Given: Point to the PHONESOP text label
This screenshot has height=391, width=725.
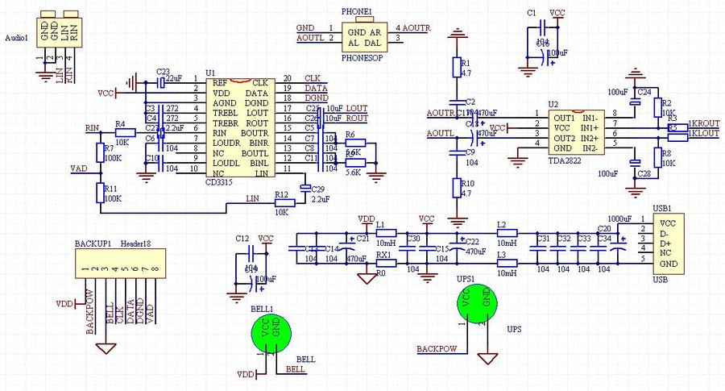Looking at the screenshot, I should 362,59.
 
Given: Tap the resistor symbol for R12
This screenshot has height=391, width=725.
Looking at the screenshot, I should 284,202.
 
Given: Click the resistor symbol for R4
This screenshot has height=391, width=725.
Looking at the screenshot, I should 125,131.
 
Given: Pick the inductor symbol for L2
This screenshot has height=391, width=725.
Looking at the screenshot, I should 506,233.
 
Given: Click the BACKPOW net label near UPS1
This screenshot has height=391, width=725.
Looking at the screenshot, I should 437,350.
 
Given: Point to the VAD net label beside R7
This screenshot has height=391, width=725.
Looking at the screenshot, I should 79,168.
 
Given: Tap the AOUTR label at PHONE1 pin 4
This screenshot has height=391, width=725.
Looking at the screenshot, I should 416,28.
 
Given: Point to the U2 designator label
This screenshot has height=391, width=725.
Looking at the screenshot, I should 553,105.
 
